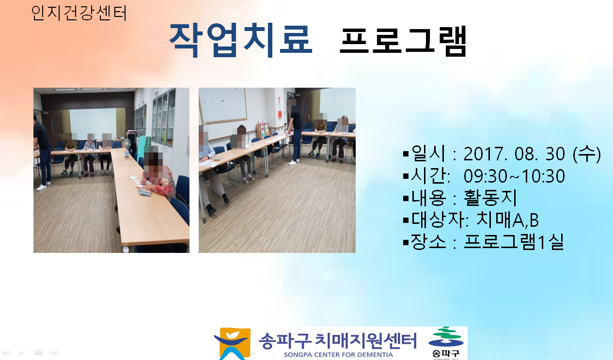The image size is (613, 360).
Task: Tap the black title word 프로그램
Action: [403, 41]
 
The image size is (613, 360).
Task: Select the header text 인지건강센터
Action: [79, 13]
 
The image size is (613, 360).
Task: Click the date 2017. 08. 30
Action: [514, 154]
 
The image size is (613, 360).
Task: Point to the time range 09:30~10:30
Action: [514, 176]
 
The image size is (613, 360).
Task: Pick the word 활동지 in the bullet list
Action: [490, 198]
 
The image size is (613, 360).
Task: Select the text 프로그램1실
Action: [514, 242]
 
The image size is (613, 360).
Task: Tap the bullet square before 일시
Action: [406, 154]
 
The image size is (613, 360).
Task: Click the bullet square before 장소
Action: [406, 242]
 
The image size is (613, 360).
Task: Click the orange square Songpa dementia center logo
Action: [232, 344]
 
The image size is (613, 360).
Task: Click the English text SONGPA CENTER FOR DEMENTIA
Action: [338, 355]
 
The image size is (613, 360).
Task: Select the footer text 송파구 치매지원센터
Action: [338, 341]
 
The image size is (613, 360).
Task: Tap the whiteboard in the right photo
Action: [223, 105]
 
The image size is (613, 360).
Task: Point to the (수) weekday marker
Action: [587, 154]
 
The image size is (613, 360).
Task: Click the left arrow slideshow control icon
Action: [5, 351]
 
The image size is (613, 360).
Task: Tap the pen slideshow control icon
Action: [22, 352]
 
